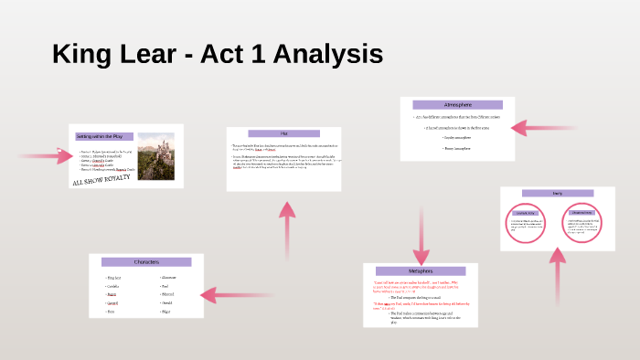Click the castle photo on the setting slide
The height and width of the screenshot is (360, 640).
tap(155, 155)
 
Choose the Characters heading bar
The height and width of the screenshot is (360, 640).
tap(146, 262)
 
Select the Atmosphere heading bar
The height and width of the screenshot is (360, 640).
tap(457, 105)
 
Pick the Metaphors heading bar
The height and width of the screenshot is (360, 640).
tap(421, 271)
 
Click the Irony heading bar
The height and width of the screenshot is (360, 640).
tap(557, 193)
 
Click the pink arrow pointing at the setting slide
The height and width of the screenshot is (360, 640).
tap(46, 155)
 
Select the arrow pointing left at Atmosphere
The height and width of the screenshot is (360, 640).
tap(558, 128)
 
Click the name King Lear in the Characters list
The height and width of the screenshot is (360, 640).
tap(114, 278)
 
